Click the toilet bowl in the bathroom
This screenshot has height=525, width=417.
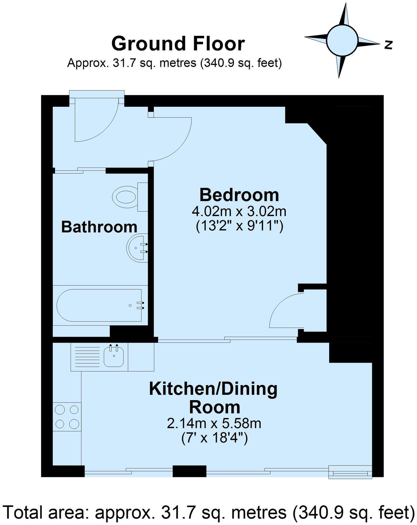(124, 197)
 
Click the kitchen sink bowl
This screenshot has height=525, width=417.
(113, 356)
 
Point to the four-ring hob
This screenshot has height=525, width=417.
(67, 417)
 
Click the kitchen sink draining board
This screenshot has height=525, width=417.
(87, 357)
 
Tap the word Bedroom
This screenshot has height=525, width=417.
(239, 195)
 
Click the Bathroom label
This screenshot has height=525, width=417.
(99, 227)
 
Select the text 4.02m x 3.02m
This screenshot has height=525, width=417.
(239, 211)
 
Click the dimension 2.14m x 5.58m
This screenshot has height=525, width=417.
(214, 423)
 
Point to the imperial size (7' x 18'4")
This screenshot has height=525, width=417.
(214, 438)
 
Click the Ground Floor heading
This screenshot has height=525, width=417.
(178, 44)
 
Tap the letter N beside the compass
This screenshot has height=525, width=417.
(389, 45)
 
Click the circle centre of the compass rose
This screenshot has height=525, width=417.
(342, 40)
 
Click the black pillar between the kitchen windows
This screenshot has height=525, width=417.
(189, 471)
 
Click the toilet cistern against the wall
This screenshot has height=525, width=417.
(143, 197)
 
